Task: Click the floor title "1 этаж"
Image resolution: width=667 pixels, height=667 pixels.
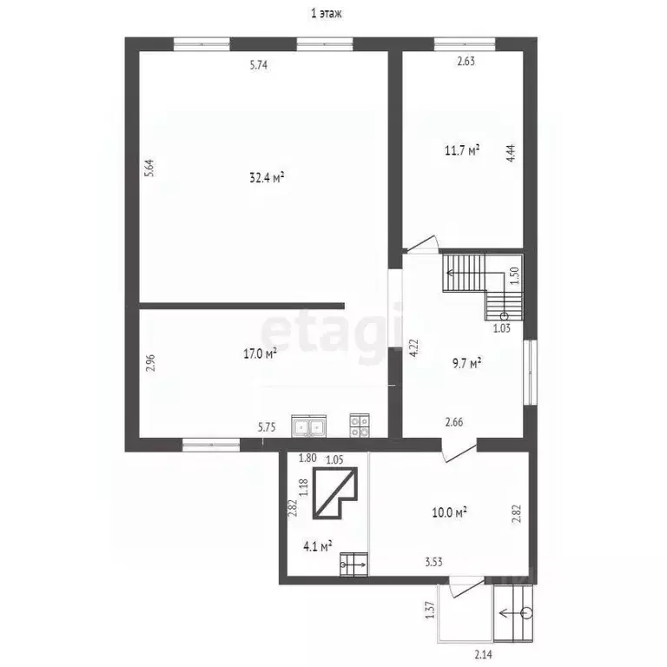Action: click(327, 14)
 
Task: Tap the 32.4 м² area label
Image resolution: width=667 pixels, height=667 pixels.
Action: click(267, 177)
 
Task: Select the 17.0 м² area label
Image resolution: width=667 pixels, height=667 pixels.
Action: click(261, 353)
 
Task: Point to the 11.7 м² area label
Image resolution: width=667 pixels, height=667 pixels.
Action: click(462, 150)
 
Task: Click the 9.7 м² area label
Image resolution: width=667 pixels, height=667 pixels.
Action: click(466, 363)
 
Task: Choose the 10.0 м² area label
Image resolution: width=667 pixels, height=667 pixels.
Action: click(450, 512)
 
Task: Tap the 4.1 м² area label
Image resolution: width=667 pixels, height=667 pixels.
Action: click(318, 546)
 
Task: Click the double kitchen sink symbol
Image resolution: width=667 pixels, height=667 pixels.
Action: click(309, 426)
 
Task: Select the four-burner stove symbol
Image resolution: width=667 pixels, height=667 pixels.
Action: click(360, 426)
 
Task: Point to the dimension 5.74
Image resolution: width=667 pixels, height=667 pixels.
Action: click(259, 65)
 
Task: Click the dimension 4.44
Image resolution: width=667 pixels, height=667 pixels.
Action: click(512, 153)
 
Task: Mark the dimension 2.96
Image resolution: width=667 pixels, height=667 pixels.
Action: click(150, 363)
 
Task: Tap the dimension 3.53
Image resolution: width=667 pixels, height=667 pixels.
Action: click(434, 562)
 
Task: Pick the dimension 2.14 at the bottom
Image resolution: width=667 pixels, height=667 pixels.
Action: click(483, 654)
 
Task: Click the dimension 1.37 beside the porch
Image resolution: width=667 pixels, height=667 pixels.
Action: click(430, 610)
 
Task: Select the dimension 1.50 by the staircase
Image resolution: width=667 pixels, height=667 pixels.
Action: click(514, 275)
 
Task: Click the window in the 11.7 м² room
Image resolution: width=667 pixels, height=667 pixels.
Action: click(465, 44)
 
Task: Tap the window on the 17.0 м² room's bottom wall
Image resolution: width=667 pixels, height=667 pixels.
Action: click(211, 445)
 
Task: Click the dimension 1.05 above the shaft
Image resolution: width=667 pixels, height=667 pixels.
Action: click(334, 459)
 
